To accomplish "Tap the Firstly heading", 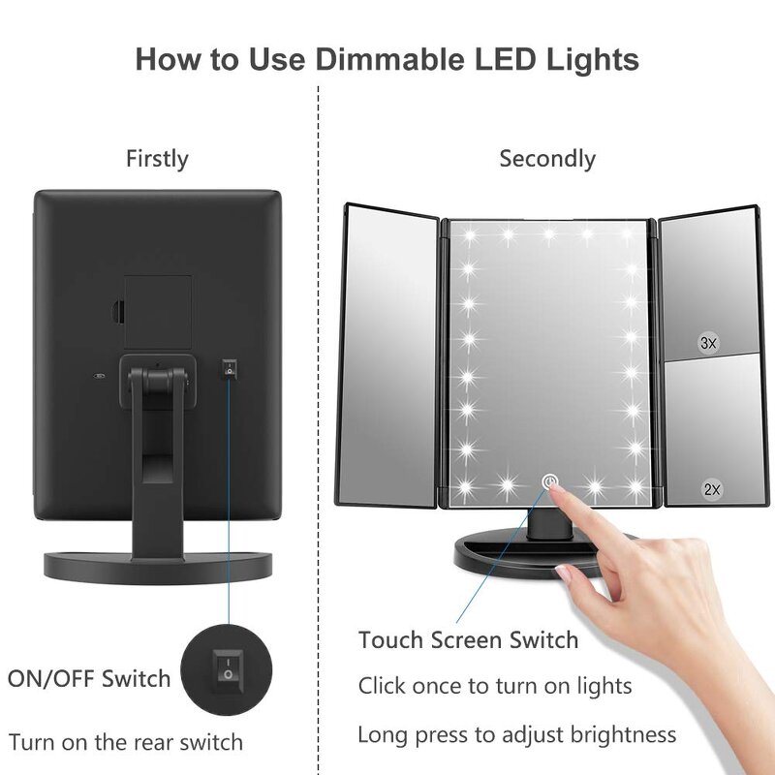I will [157, 159].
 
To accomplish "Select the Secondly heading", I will [547, 159].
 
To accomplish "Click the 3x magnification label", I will [708, 343].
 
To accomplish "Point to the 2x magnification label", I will [712, 490].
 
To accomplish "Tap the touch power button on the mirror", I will [549, 481].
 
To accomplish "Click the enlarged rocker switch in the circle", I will [229, 667].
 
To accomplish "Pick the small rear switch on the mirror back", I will [230, 366].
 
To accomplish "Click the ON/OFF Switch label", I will [89, 678].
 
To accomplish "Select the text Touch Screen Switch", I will [468, 640].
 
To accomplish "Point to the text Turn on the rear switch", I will [126, 743].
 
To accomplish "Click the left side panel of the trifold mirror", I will [392, 354].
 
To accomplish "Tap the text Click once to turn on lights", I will [495, 687].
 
